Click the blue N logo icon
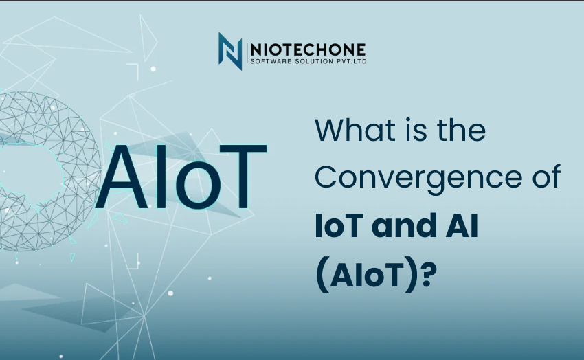pos(230,51)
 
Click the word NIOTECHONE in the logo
pos(308,50)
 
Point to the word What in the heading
pos(350,130)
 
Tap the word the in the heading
pos(462,130)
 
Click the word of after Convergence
pos(547,176)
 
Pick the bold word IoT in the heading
pos(339,225)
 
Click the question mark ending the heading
pos(429,275)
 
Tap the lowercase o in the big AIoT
pos(197,185)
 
